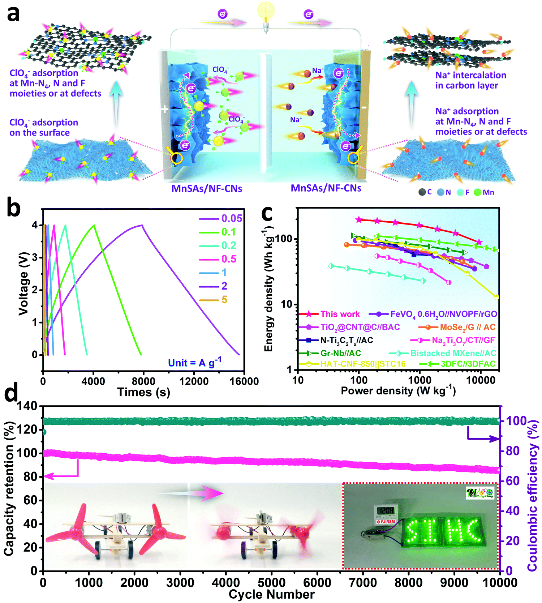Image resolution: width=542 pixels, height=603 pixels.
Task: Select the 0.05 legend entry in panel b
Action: click(231, 218)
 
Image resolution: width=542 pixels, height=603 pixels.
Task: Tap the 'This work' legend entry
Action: click(340, 314)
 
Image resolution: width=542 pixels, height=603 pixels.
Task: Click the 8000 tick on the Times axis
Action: click(143, 381)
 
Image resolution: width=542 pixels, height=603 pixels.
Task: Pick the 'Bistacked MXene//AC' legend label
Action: click(453, 353)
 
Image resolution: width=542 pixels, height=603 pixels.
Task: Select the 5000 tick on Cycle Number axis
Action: click(271, 582)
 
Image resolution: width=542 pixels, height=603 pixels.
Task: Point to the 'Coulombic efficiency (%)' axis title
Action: click(532, 495)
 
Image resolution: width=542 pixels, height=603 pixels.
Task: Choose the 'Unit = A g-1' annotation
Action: click(194, 362)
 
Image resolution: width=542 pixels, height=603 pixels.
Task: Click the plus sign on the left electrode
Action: click(165, 109)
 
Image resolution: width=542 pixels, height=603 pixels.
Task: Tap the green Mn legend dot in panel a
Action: click(478, 192)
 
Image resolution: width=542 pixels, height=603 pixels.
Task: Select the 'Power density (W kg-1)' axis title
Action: click(398, 391)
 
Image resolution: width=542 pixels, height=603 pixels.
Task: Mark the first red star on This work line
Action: click(359, 219)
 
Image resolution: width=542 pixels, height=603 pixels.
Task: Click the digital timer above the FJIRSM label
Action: click(386, 510)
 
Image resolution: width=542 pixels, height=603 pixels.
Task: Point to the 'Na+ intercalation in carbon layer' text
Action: click(470, 80)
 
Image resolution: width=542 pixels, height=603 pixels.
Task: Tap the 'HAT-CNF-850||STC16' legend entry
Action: click(363, 364)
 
